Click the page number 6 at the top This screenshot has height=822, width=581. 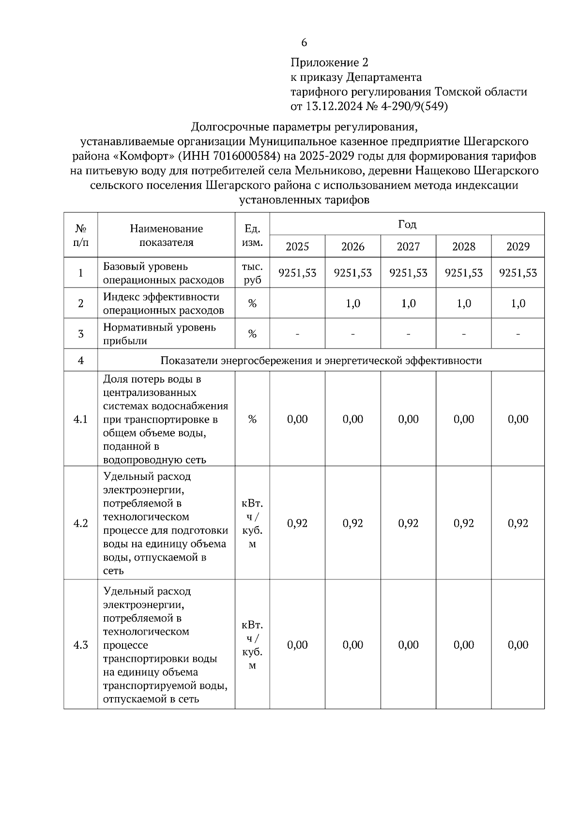(304, 43)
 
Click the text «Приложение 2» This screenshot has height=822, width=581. (329, 62)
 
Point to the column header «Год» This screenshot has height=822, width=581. (407, 224)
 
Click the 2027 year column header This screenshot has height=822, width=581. (408, 246)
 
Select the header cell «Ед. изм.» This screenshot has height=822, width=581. (252, 235)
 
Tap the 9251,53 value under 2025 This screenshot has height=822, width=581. (297, 273)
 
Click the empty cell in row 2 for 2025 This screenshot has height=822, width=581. (297, 304)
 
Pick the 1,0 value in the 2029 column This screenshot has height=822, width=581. (518, 304)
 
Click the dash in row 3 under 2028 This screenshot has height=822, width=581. (463, 334)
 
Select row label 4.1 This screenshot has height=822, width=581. (80, 419)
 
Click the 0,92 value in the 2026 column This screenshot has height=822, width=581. (352, 523)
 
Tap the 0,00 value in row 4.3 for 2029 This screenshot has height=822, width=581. (518, 645)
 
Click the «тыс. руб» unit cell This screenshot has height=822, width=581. (252, 273)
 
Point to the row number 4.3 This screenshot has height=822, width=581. (80, 645)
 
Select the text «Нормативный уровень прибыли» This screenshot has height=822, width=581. (159, 334)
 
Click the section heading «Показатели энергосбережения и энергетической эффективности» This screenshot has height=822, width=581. (321, 361)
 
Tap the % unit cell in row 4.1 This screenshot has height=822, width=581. (252, 419)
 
